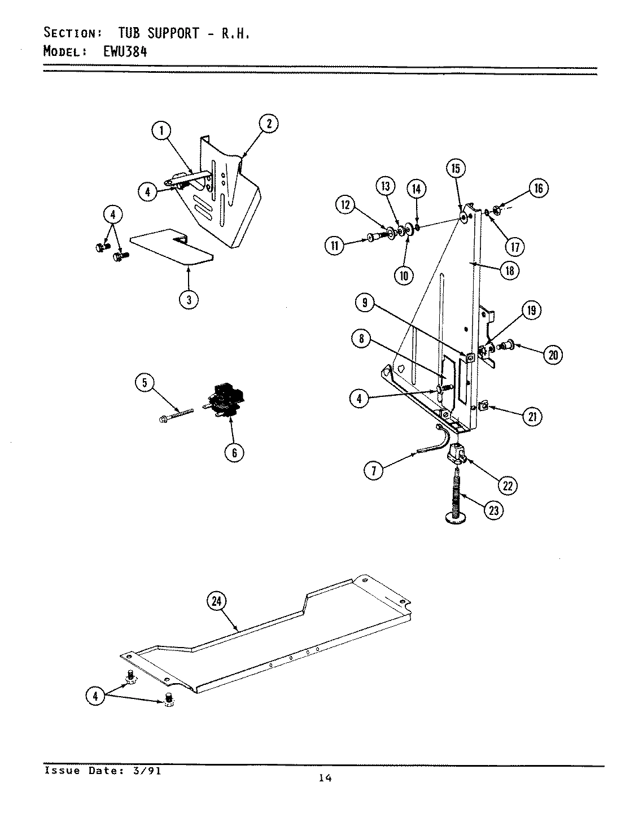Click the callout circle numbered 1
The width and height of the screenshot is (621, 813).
click(x=161, y=132)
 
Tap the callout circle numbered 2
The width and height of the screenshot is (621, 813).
click(x=269, y=123)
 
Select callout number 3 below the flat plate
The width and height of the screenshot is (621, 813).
click(x=189, y=299)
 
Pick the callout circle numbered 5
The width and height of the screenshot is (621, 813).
click(x=145, y=383)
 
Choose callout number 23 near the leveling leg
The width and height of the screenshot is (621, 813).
click(x=493, y=509)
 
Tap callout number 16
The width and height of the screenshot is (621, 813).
click(x=538, y=187)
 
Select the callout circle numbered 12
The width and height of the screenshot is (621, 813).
click(x=346, y=205)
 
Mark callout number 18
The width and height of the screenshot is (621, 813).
click(x=509, y=270)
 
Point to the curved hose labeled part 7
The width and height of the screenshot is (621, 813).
click(x=438, y=440)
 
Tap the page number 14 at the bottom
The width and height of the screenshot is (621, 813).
click(x=325, y=778)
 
